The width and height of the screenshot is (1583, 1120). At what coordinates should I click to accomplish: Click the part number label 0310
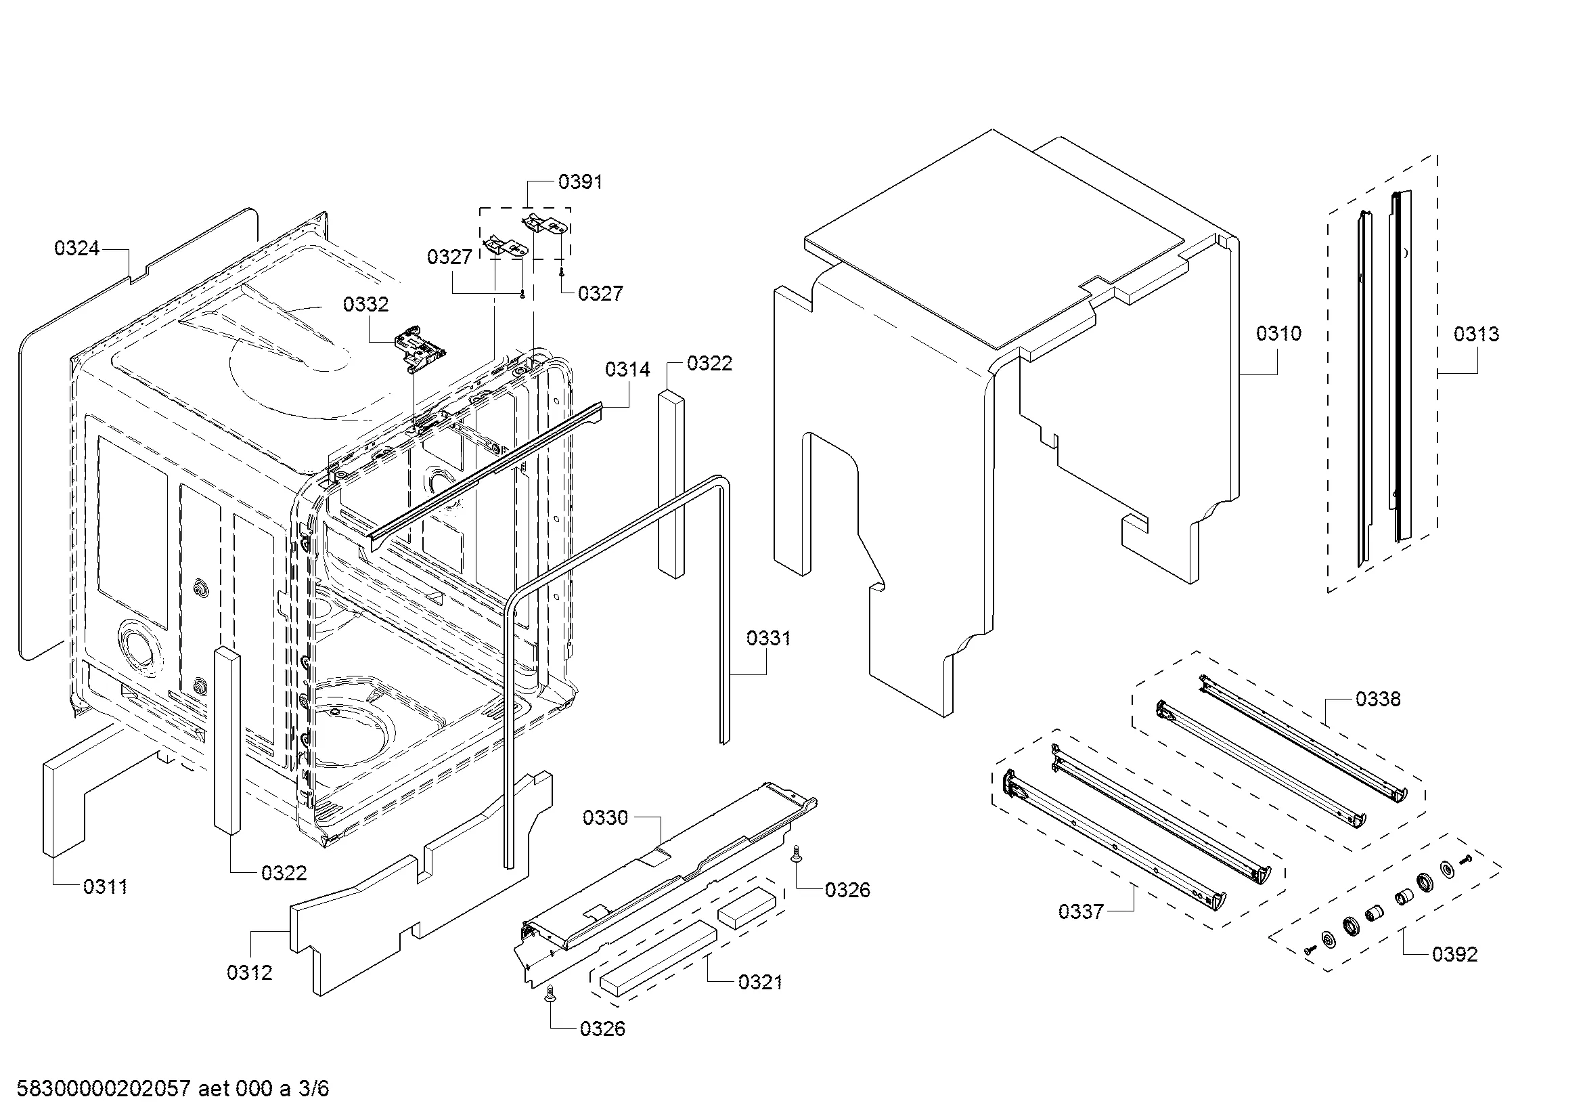[x=1278, y=334]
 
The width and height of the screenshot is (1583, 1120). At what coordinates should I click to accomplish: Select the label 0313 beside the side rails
[x=1476, y=335]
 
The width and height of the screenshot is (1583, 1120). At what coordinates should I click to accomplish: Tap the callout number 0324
[x=76, y=249]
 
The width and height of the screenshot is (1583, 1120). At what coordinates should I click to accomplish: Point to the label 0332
[x=365, y=304]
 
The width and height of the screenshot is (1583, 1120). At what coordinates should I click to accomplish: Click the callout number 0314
[x=627, y=370]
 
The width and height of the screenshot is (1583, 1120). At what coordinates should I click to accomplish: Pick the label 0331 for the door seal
[x=769, y=639]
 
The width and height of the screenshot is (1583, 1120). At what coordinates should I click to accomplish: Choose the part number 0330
[x=605, y=818]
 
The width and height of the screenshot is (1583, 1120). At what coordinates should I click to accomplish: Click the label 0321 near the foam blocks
[x=761, y=982]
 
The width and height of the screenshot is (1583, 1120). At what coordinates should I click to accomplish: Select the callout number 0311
[x=106, y=887]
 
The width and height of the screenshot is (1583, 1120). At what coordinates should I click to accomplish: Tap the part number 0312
[x=250, y=973]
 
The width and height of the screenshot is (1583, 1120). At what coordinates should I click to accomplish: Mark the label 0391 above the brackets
[x=581, y=182]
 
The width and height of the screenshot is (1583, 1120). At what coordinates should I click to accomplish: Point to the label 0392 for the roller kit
[x=1455, y=955]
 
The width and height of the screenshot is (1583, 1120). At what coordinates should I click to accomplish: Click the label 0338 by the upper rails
[x=1378, y=699]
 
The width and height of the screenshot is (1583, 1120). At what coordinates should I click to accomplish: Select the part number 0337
[x=1081, y=911]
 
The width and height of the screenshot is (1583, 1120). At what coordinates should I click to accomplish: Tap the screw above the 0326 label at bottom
[x=550, y=994]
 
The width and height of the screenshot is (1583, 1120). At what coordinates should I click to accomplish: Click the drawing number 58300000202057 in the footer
[x=104, y=1089]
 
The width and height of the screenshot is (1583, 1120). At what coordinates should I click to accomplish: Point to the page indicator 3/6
[x=314, y=1089]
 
